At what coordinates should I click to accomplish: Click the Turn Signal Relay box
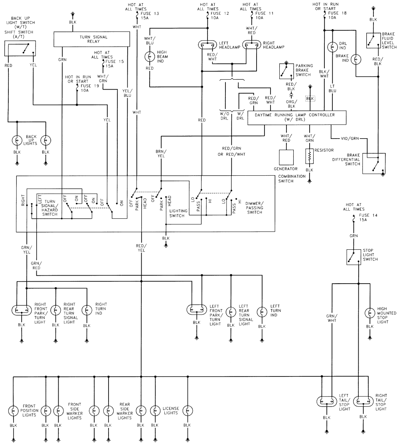(92, 39)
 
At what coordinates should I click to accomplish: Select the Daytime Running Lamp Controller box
(297, 118)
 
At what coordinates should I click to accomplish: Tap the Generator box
(286, 157)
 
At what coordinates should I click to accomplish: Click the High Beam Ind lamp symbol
(150, 56)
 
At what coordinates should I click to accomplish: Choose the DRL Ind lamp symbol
(332, 47)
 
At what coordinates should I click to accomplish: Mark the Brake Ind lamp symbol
(357, 59)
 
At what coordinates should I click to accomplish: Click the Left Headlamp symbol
(207, 45)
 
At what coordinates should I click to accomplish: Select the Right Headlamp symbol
(251, 45)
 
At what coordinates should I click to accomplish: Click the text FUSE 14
(365, 216)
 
